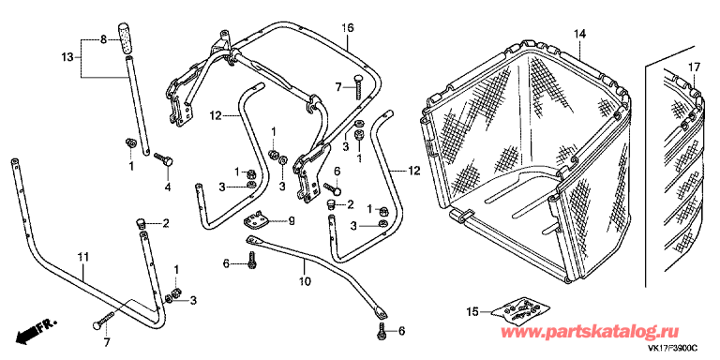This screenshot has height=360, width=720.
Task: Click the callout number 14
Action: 579,35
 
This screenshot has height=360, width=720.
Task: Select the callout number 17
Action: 695,67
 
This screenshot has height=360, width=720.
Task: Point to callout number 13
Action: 67,57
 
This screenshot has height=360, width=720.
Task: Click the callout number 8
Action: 105,40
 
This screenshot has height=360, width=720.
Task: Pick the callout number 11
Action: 82,256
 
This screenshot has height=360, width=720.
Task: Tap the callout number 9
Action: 291,220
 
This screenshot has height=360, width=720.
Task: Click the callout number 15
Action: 472,311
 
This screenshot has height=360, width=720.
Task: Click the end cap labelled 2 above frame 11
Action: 142,223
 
